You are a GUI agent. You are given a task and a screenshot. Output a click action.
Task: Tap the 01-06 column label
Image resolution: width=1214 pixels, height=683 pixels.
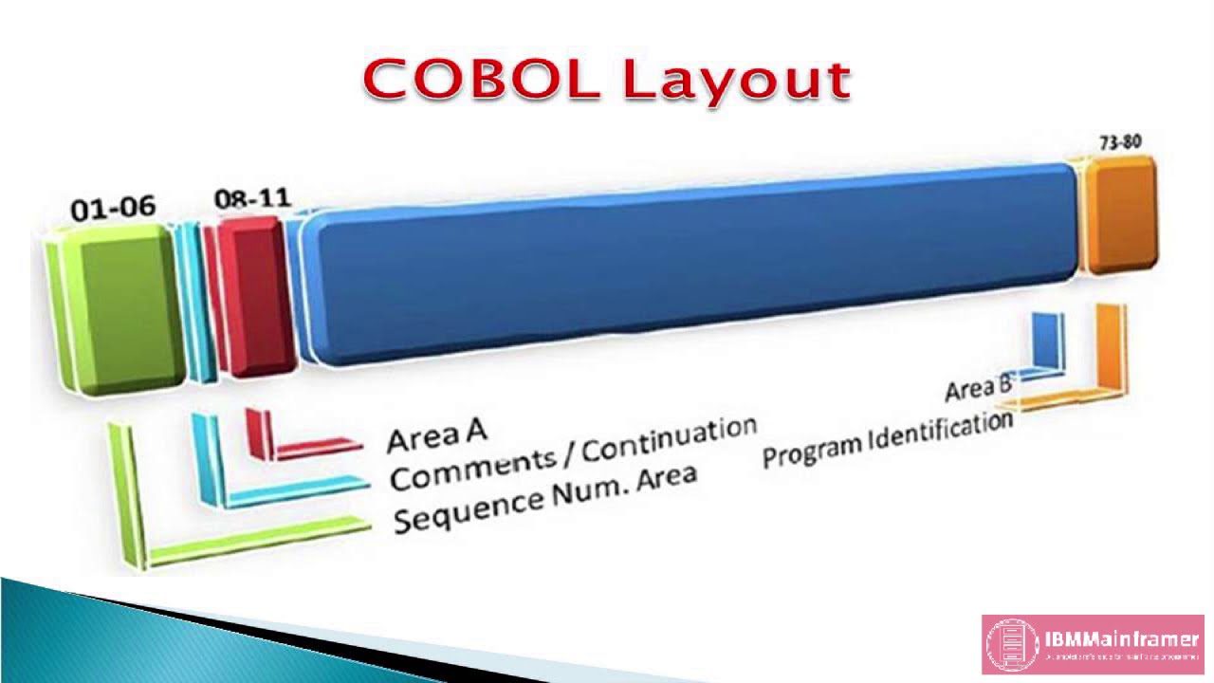(113, 208)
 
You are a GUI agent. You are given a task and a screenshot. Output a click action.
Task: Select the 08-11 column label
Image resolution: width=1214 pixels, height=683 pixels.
(252, 199)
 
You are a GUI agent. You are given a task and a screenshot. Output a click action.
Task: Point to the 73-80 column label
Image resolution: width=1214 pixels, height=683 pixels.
(1120, 142)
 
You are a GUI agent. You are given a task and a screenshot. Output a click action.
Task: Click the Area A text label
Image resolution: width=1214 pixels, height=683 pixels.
(436, 434)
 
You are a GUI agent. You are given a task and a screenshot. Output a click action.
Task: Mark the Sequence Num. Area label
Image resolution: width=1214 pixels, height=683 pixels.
(544, 497)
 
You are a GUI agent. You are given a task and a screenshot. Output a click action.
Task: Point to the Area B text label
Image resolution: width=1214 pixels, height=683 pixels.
(978, 388)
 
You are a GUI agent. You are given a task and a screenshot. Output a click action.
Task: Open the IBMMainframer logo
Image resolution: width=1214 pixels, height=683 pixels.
(1093, 644)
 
